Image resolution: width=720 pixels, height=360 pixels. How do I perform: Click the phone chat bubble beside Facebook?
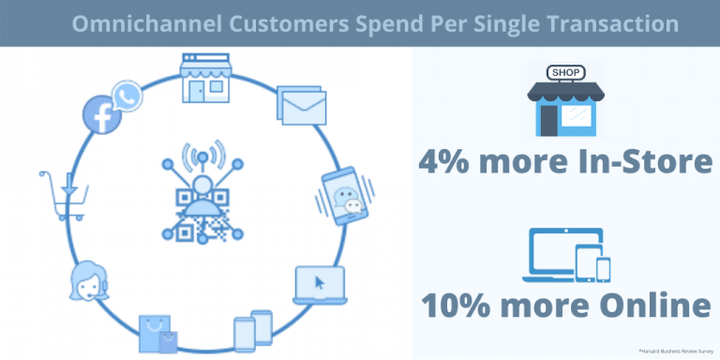125,95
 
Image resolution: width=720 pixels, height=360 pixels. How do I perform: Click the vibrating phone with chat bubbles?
343,193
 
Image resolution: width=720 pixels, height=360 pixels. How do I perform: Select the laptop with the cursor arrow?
320,285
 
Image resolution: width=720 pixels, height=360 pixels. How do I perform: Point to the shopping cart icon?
65,193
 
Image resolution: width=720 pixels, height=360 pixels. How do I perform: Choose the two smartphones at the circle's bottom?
252,331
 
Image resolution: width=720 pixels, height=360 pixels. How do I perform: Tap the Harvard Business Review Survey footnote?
676,350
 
